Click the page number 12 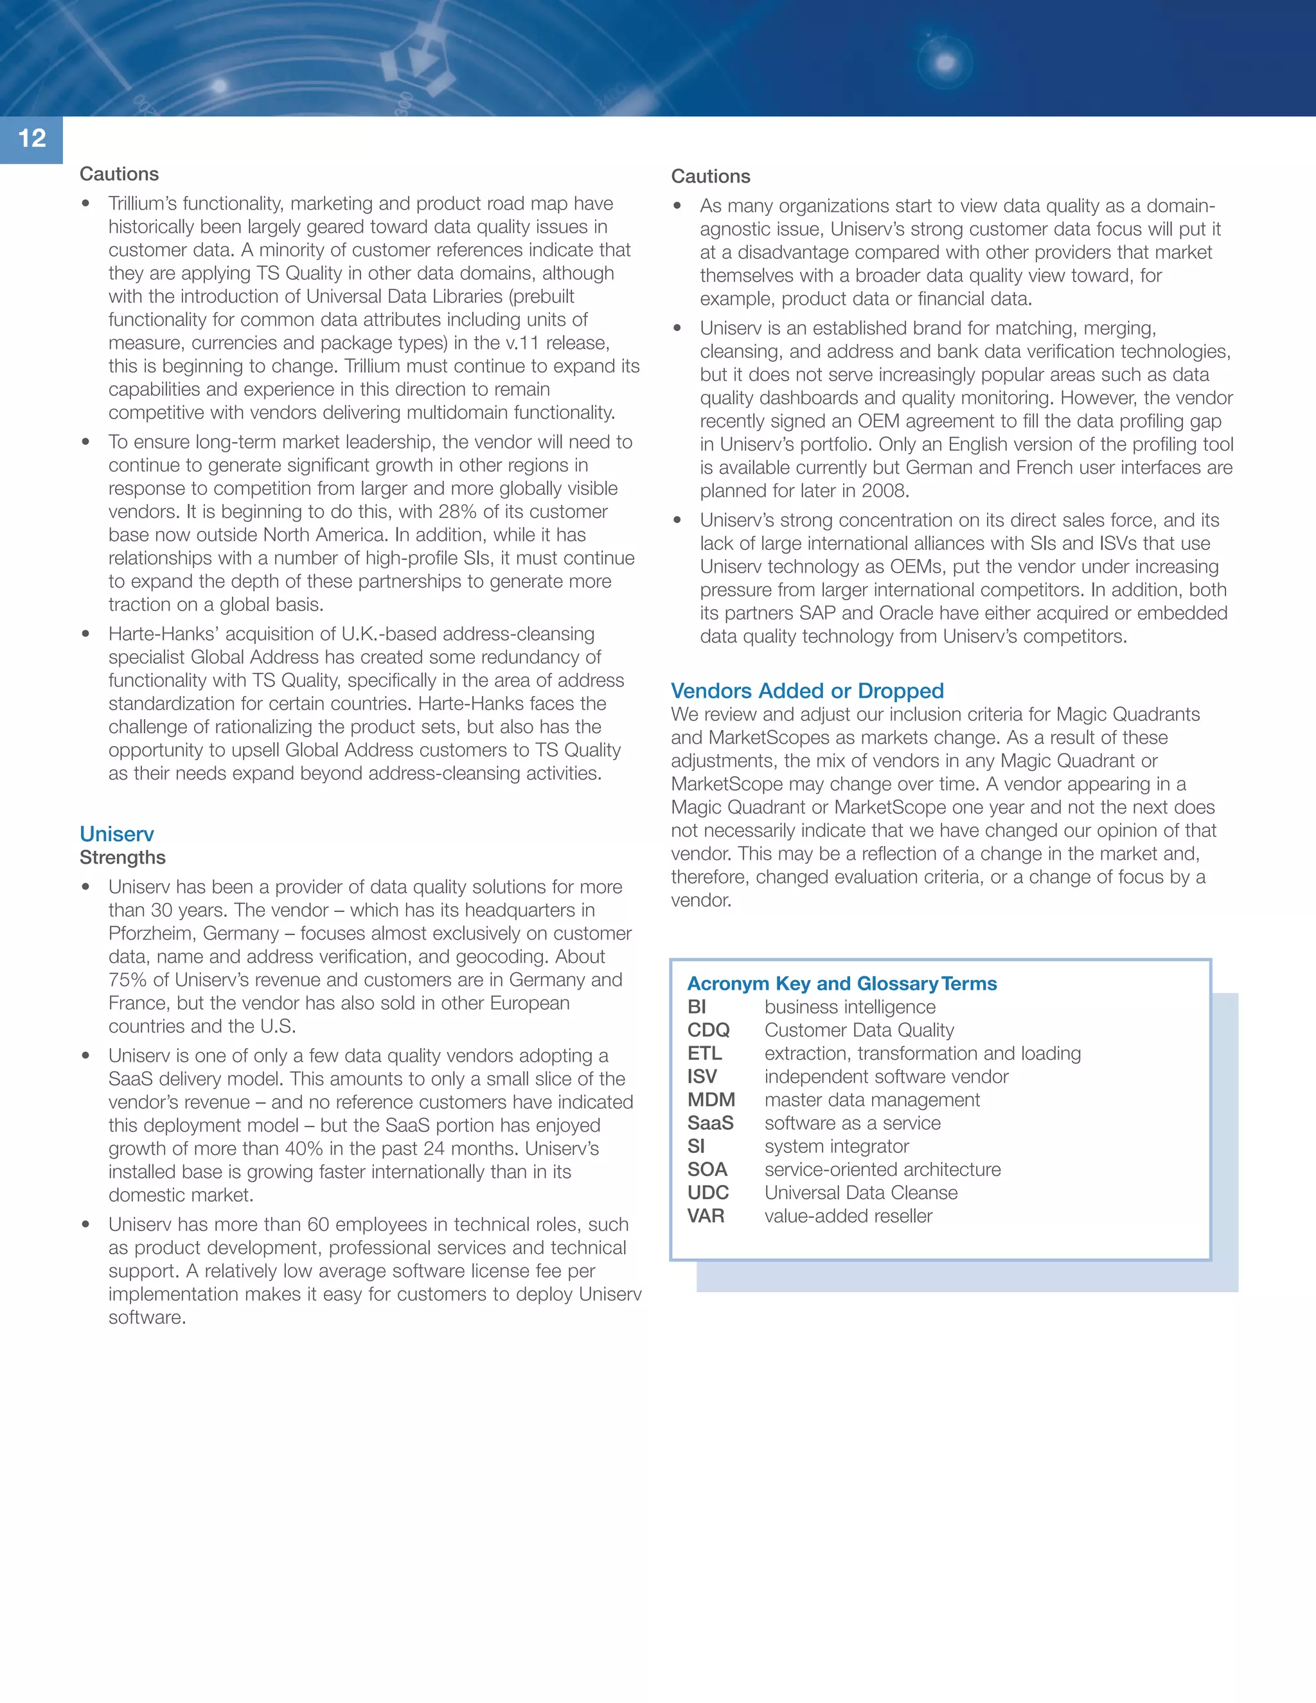[32, 139]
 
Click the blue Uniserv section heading [117, 834]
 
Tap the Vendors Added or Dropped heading [807, 690]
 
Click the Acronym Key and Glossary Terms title [841, 983]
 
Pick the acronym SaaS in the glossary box [709, 1123]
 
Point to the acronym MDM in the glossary [710, 1100]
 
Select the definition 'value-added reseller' [848, 1216]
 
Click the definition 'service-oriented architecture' [882, 1169]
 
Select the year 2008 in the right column [884, 490]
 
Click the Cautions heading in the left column [120, 174]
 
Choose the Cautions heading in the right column [710, 176]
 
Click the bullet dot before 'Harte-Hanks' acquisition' [85, 634]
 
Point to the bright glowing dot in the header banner [945, 62]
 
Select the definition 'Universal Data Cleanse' [860, 1192]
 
